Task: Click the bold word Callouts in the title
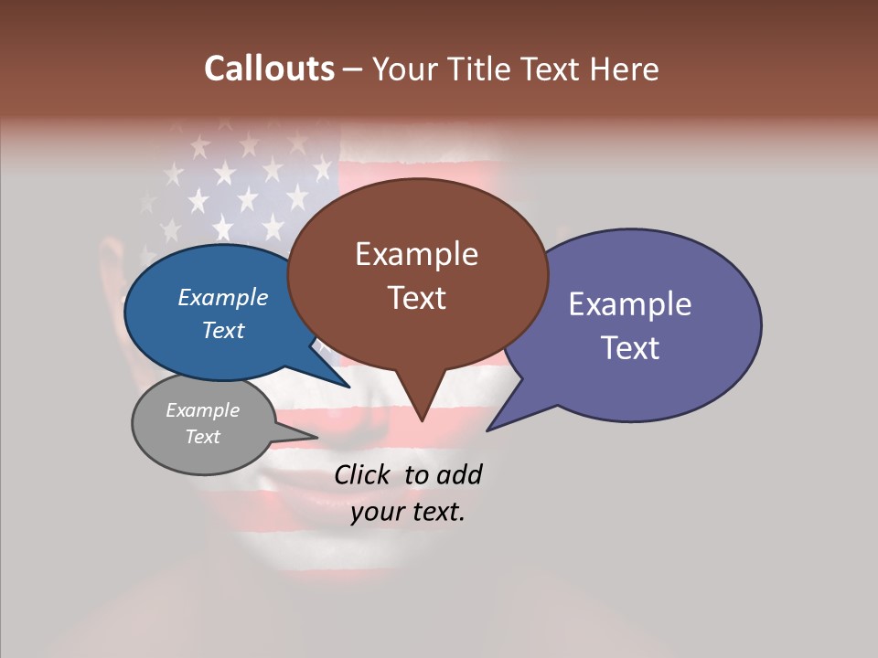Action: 269,69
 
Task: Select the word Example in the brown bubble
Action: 416,254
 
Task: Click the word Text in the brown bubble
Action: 416,297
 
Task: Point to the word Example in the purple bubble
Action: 630,304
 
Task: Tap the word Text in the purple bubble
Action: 630,347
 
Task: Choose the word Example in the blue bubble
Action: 223,297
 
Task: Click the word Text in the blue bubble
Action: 223,330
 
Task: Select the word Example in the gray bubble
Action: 202,410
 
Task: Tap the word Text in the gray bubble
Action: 202,437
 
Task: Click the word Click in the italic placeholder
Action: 365,474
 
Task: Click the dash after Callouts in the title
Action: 354,69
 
